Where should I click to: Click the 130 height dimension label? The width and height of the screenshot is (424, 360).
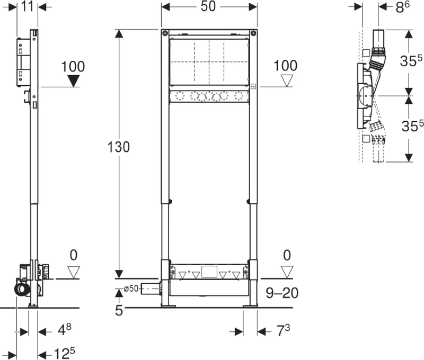point(118,147)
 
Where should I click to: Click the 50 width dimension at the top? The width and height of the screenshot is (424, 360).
point(208,6)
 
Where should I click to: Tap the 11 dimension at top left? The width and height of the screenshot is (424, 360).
point(28,6)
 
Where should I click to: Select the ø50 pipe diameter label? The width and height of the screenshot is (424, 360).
point(131,289)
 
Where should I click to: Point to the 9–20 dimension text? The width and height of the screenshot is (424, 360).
point(282,293)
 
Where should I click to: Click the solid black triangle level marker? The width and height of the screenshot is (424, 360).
point(73,81)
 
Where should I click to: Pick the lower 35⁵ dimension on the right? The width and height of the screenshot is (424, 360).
point(412,125)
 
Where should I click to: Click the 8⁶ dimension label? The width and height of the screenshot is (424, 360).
point(402,7)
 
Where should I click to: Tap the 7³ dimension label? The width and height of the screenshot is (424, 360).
point(283,330)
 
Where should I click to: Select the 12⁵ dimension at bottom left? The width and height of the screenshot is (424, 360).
point(64,353)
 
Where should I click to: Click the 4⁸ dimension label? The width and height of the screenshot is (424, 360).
point(65,329)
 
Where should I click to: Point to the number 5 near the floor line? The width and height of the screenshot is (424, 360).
point(119,311)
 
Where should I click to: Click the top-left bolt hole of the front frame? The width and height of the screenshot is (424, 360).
point(165,33)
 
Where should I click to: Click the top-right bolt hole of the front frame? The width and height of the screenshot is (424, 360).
point(253,33)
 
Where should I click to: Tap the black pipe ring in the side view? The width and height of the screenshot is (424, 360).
point(22,289)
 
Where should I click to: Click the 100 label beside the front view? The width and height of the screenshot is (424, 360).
point(286,66)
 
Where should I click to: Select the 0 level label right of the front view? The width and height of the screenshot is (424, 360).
point(287,256)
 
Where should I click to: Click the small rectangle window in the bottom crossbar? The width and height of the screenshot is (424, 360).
point(209,272)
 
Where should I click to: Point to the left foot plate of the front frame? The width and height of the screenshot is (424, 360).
point(169,306)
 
